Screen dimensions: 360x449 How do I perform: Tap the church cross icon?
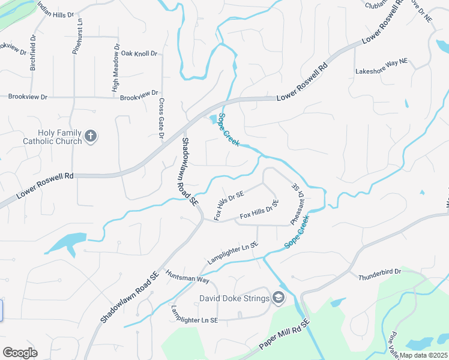tap(91, 136)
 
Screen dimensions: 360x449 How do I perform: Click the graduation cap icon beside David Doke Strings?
tap(278, 297)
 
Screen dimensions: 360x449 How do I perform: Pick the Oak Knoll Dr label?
tap(139, 53)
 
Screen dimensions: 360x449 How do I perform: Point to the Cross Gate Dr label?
tap(161, 119)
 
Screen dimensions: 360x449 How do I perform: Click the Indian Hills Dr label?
tap(55, 8)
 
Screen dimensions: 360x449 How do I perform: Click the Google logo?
tap(20, 353)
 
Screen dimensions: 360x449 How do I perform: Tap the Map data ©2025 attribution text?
tap(424, 355)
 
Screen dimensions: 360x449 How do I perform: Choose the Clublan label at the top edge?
tap(377, 5)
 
